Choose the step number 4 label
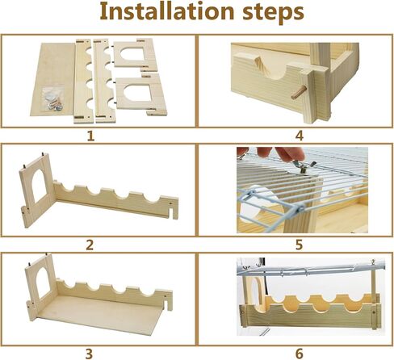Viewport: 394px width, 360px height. click(x=299, y=136)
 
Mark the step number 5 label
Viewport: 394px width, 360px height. click(x=299, y=245)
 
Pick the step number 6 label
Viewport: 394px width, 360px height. click(x=299, y=352)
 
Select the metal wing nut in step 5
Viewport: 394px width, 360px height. click(x=304, y=167)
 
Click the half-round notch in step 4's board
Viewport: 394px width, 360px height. click(x=259, y=75)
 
